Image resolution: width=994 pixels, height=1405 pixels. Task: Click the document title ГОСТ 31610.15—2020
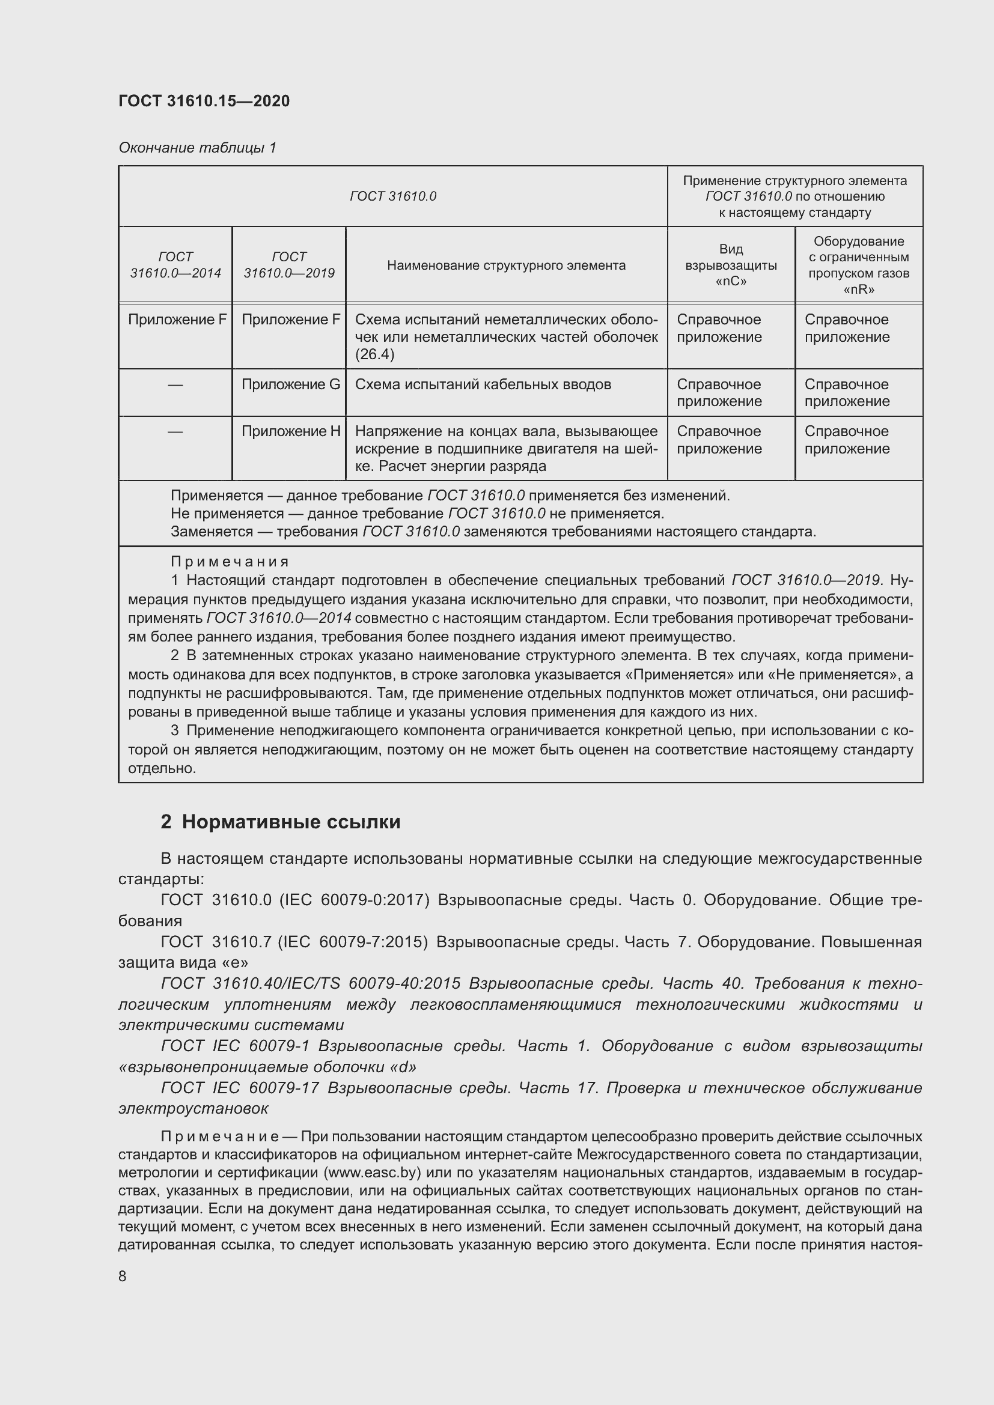204,101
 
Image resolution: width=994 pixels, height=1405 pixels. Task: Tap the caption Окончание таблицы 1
197,148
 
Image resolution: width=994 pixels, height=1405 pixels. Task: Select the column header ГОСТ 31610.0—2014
175,265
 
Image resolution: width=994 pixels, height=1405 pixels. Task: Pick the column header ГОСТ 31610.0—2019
289,265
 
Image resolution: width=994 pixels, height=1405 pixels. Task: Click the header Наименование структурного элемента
506,266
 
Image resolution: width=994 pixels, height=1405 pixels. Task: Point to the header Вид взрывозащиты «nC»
731,265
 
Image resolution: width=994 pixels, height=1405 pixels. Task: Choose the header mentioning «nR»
858,265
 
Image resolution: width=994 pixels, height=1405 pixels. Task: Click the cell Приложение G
290,385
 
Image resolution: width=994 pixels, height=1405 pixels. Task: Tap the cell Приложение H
290,431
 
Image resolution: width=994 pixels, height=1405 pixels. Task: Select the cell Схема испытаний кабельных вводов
483,385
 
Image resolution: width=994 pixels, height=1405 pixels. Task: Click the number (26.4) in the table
374,354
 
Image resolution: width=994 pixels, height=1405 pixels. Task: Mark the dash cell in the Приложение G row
175,385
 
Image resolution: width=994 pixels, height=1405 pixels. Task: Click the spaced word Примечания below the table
230,562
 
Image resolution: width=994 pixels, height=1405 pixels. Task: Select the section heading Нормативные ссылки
291,822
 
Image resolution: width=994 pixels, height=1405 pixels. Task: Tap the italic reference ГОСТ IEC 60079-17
240,1088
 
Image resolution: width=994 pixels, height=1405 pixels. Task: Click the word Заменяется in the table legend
203,532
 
